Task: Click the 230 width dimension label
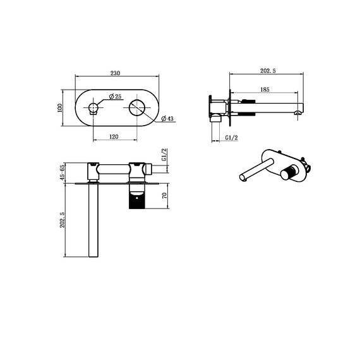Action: click(116, 73)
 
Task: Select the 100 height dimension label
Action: click(59, 108)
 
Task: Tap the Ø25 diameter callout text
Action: click(115, 96)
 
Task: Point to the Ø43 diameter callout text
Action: click(167, 118)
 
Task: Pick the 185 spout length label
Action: click(265, 90)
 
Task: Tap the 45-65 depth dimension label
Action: click(62, 173)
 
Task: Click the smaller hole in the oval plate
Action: click(93, 108)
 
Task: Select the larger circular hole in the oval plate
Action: click(138, 108)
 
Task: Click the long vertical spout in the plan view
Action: click(93, 221)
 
